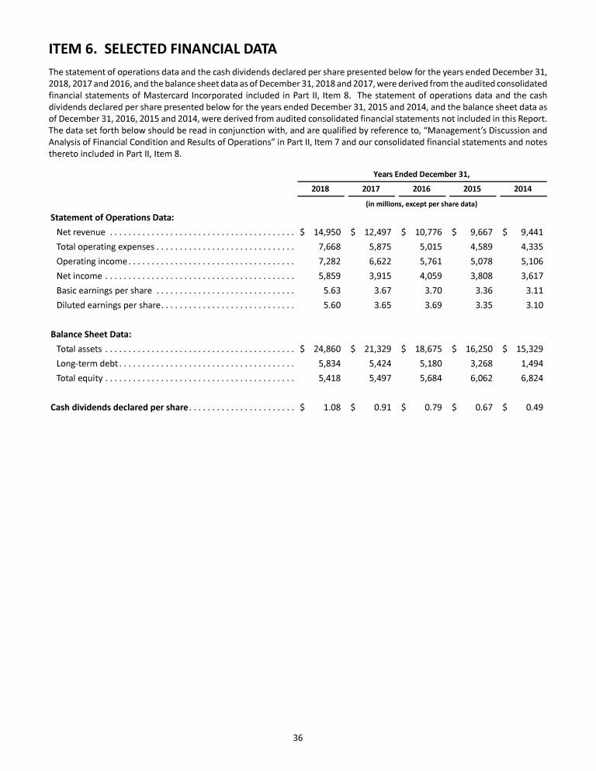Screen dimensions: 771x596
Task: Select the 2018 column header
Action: pos(320,189)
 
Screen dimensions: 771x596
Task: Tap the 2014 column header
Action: pos(523,189)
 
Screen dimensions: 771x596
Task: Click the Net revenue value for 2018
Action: pos(327,231)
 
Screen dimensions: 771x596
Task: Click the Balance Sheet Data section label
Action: pos(91,335)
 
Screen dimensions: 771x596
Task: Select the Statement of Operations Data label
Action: pos(112,217)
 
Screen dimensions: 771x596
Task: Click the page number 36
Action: pos(298,738)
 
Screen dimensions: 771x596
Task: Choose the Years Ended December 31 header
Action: pos(422,174)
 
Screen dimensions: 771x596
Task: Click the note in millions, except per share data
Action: pos(421,203)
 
